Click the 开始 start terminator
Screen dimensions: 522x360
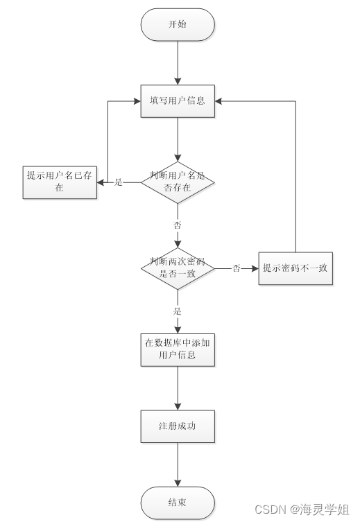pyautogui.click(x=178, y=25)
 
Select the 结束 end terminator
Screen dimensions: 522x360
pyautogui.click(x=178, y=503)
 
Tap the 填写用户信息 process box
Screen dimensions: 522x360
pyautogui.click(x=178, y=101)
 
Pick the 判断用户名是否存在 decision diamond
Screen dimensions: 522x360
pyautogui.click(x=178, y=182)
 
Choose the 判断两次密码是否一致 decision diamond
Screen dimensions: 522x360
pyautogui.click(x=178, y=268)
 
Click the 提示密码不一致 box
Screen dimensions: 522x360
pyautogui.click(x=295, y=268)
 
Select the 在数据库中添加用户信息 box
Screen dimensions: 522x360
pyautogui.click(x=178, y=349)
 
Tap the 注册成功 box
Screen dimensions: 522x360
pyautogui.click(x=178, y=426)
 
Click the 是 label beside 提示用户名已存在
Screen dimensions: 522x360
pyautogui.click(x=118, y=182)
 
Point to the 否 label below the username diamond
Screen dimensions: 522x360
pyautogui.click(x=178, y=226)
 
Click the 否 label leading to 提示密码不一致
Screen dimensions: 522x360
pyautogui.click(x=237, y=268)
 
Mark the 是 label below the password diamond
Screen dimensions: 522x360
pyautogui.click(x=178, y=311)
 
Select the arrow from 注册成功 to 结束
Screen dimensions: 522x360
pyautogui.click(x=178, y=464)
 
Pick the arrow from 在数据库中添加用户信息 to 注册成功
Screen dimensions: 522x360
pyautogui.click(x=178, y=388)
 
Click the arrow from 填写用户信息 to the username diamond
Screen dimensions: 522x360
pyautogui.click(x=178, y=139)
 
